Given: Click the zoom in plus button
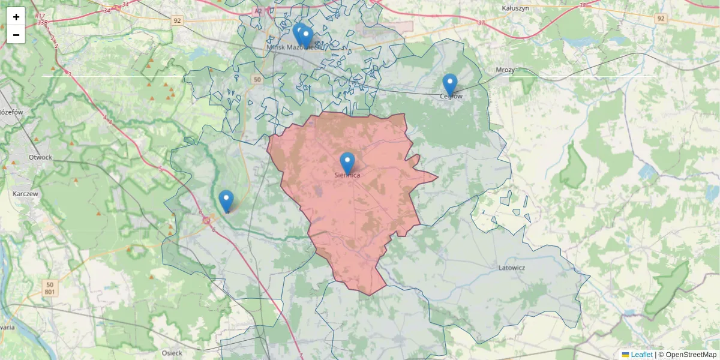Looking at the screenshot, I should [16, 17].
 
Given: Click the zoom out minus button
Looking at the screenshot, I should [16, 35].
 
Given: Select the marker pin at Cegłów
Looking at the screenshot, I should [449, 85].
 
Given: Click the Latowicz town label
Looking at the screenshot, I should [512, 268].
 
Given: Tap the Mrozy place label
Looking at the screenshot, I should [505, 70].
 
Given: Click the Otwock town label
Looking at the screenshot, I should [40, 157].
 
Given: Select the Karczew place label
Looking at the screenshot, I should [26, 194].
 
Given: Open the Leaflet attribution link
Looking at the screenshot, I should [641, 355].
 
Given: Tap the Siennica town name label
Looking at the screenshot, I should [347, 175].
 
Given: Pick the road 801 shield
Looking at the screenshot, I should [51, 292].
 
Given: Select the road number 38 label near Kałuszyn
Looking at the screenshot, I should [583, 5].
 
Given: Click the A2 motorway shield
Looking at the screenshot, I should [258, 11].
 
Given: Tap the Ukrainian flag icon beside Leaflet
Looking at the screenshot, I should [625, 355].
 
